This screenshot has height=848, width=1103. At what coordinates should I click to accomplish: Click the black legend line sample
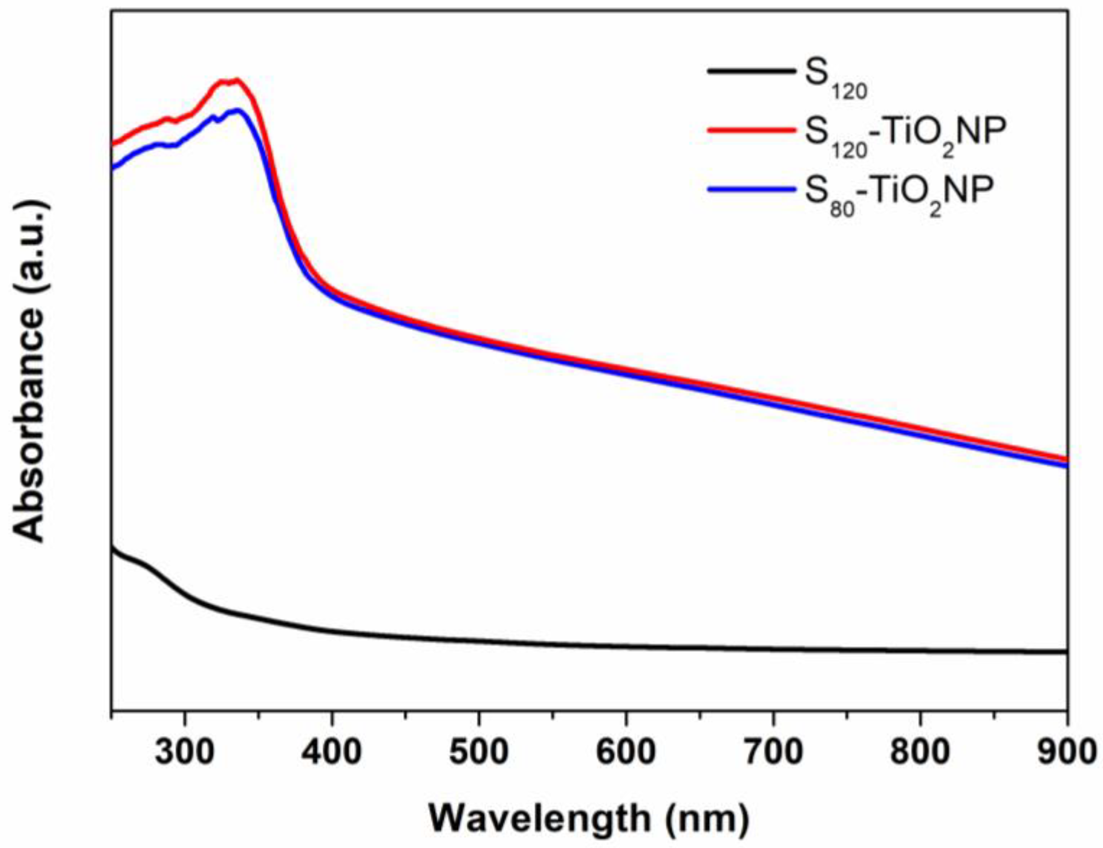coord(750,71)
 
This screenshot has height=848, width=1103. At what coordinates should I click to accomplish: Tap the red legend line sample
coord(750,130)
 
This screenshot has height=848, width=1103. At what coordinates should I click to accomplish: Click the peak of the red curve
coord(236,80)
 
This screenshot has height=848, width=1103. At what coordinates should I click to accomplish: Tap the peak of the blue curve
coord(238,110)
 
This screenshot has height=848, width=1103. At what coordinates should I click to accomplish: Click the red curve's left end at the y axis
coord(112,145)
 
